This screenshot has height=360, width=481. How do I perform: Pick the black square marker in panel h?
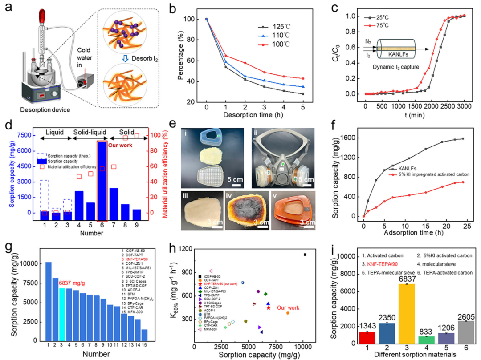(305, 255)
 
